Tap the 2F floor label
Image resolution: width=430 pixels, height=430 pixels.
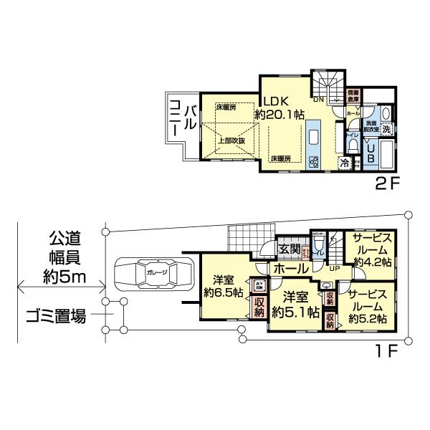(388, 184)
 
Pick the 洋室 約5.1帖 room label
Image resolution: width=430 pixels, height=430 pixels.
(295, 304)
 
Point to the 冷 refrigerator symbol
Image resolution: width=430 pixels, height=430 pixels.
(344, 163)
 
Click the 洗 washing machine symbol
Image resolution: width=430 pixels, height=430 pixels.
(386, 130)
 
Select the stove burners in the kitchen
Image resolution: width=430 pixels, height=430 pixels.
(313, 161)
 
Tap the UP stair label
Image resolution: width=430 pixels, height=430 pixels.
(334, 268)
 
